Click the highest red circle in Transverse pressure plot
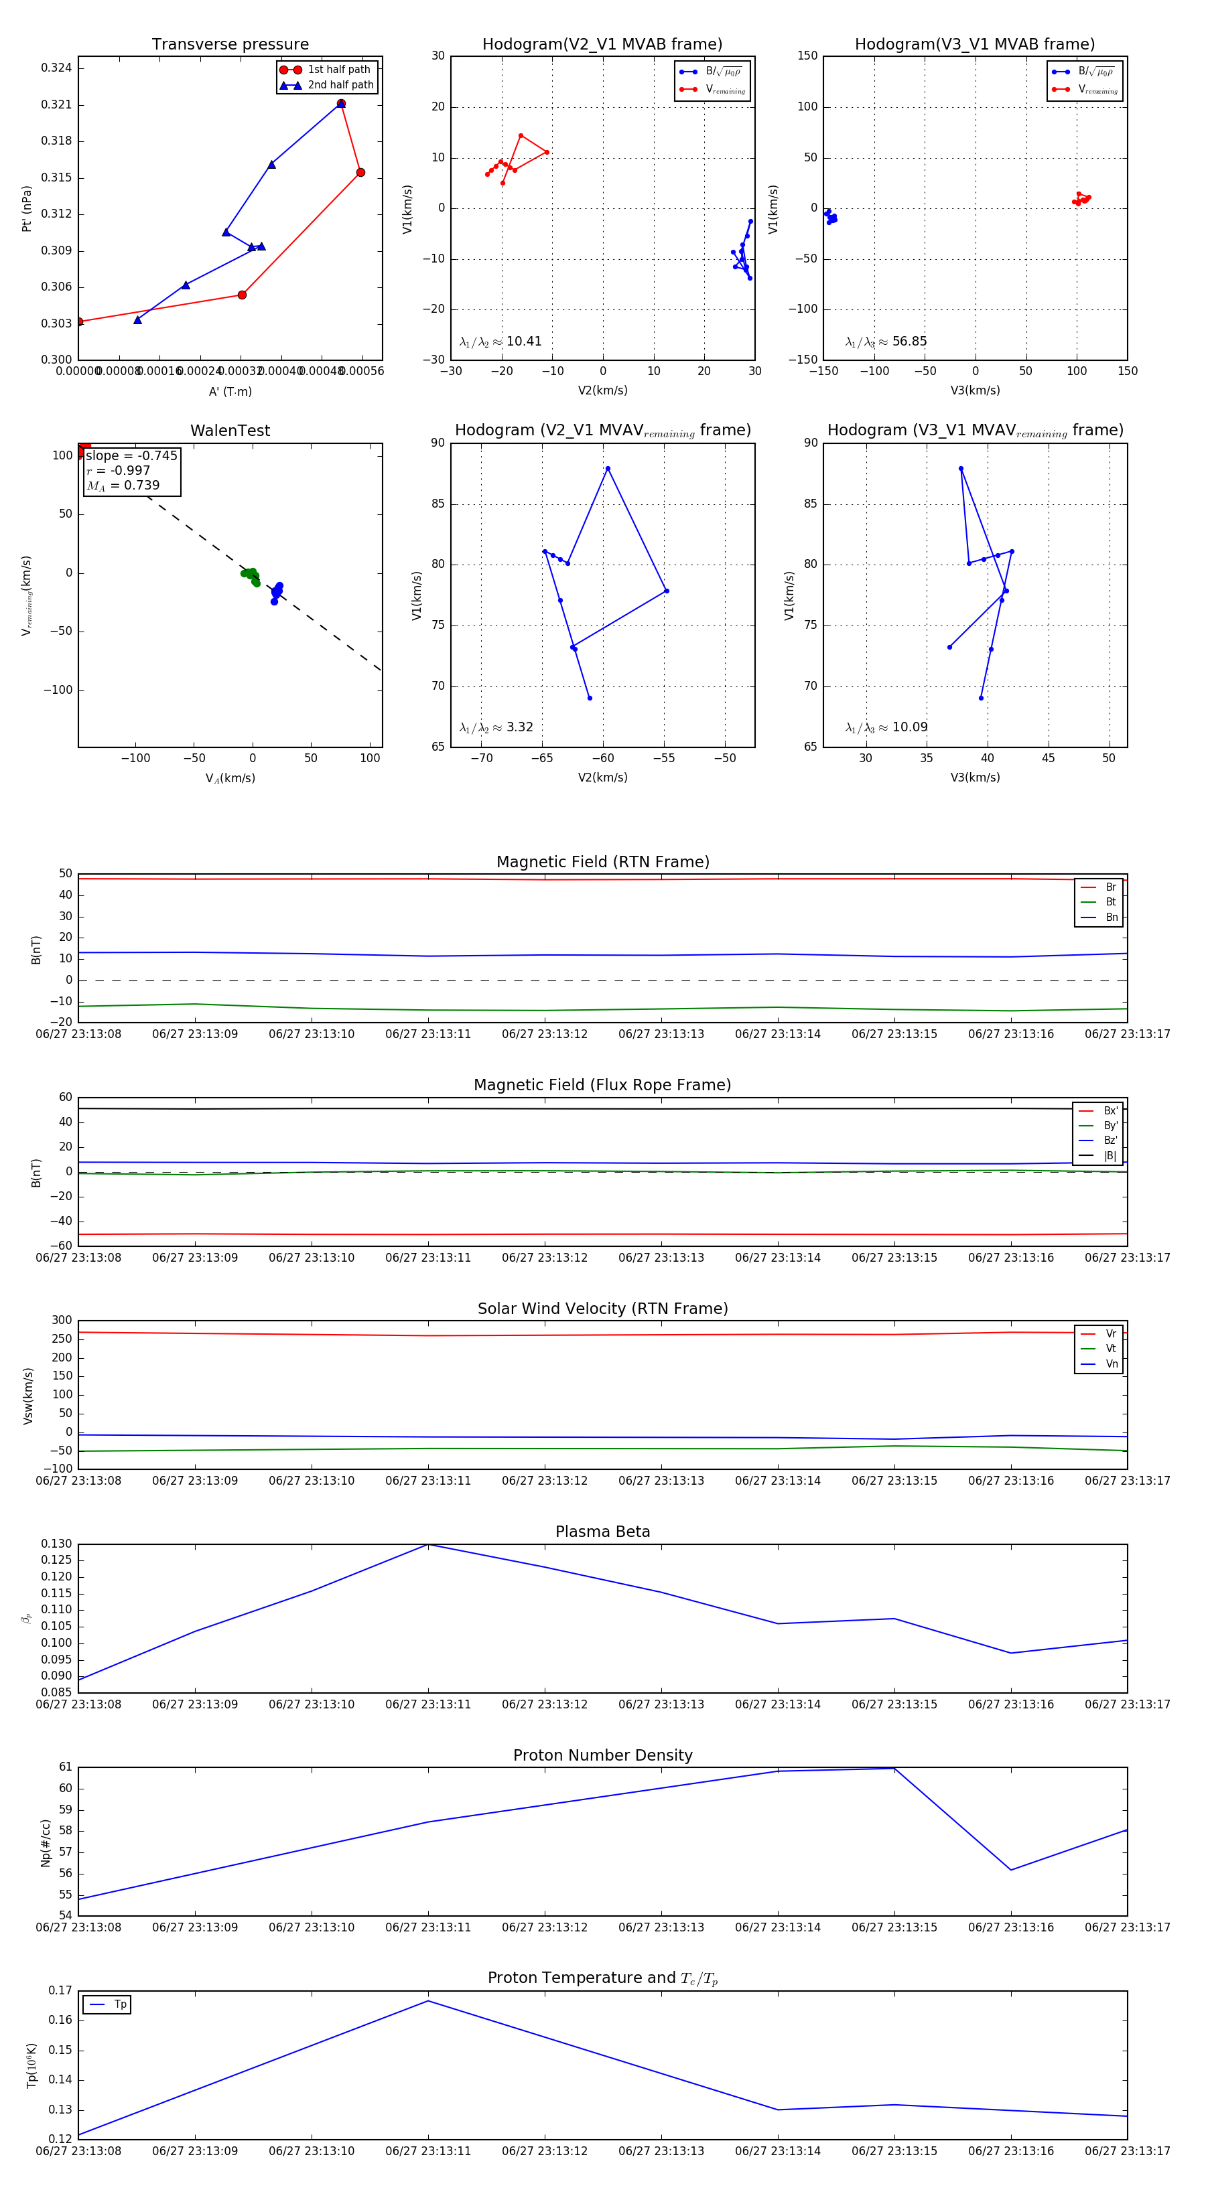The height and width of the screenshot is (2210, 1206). (341, 104)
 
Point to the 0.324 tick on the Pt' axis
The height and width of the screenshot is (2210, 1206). (57, 68)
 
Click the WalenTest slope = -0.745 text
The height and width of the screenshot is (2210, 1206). (131, 455)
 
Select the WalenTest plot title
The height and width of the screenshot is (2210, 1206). (230, 431)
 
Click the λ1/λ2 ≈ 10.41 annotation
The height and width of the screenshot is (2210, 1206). (500, 342)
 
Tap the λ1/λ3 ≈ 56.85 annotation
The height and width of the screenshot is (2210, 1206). (886, 342)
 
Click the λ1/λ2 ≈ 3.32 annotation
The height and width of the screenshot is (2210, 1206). (496, 727)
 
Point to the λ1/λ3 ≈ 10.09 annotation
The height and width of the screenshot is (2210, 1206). (886, 727)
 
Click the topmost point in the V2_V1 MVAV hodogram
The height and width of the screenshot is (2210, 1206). (608, 468)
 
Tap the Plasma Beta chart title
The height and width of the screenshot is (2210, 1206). (602, 1532)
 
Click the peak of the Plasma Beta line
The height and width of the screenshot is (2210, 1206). (428, 1545)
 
